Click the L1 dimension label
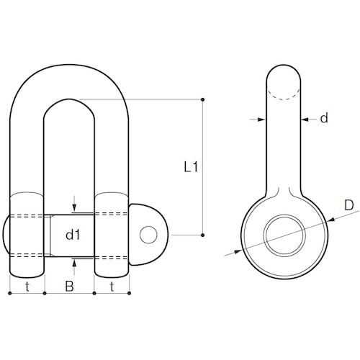point(191,166)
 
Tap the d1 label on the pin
point(73,235)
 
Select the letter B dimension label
point(70,286)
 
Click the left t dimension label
point(27,287)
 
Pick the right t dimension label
point(112,287)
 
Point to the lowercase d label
point(324,118)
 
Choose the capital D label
point(349,205)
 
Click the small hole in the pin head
point(148,235)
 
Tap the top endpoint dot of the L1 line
point(203,99)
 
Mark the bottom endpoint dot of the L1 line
point(203,235)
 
